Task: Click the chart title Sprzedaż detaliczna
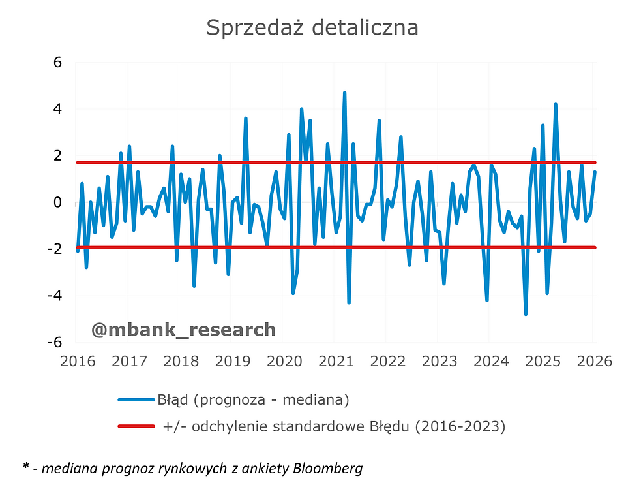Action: click(312, 28)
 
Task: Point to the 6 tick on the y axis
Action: click(57, 63)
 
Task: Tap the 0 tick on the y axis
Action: click(57, 202)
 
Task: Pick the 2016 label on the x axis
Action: click(78, 360)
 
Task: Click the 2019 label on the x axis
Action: click(232, 360)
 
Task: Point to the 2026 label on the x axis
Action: click(593, 360)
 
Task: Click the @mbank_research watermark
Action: click(183, 330)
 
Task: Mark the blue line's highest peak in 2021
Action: click(344, 93)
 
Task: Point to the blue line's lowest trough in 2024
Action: click(526, 314)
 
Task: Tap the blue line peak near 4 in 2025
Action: click(556, 104)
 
